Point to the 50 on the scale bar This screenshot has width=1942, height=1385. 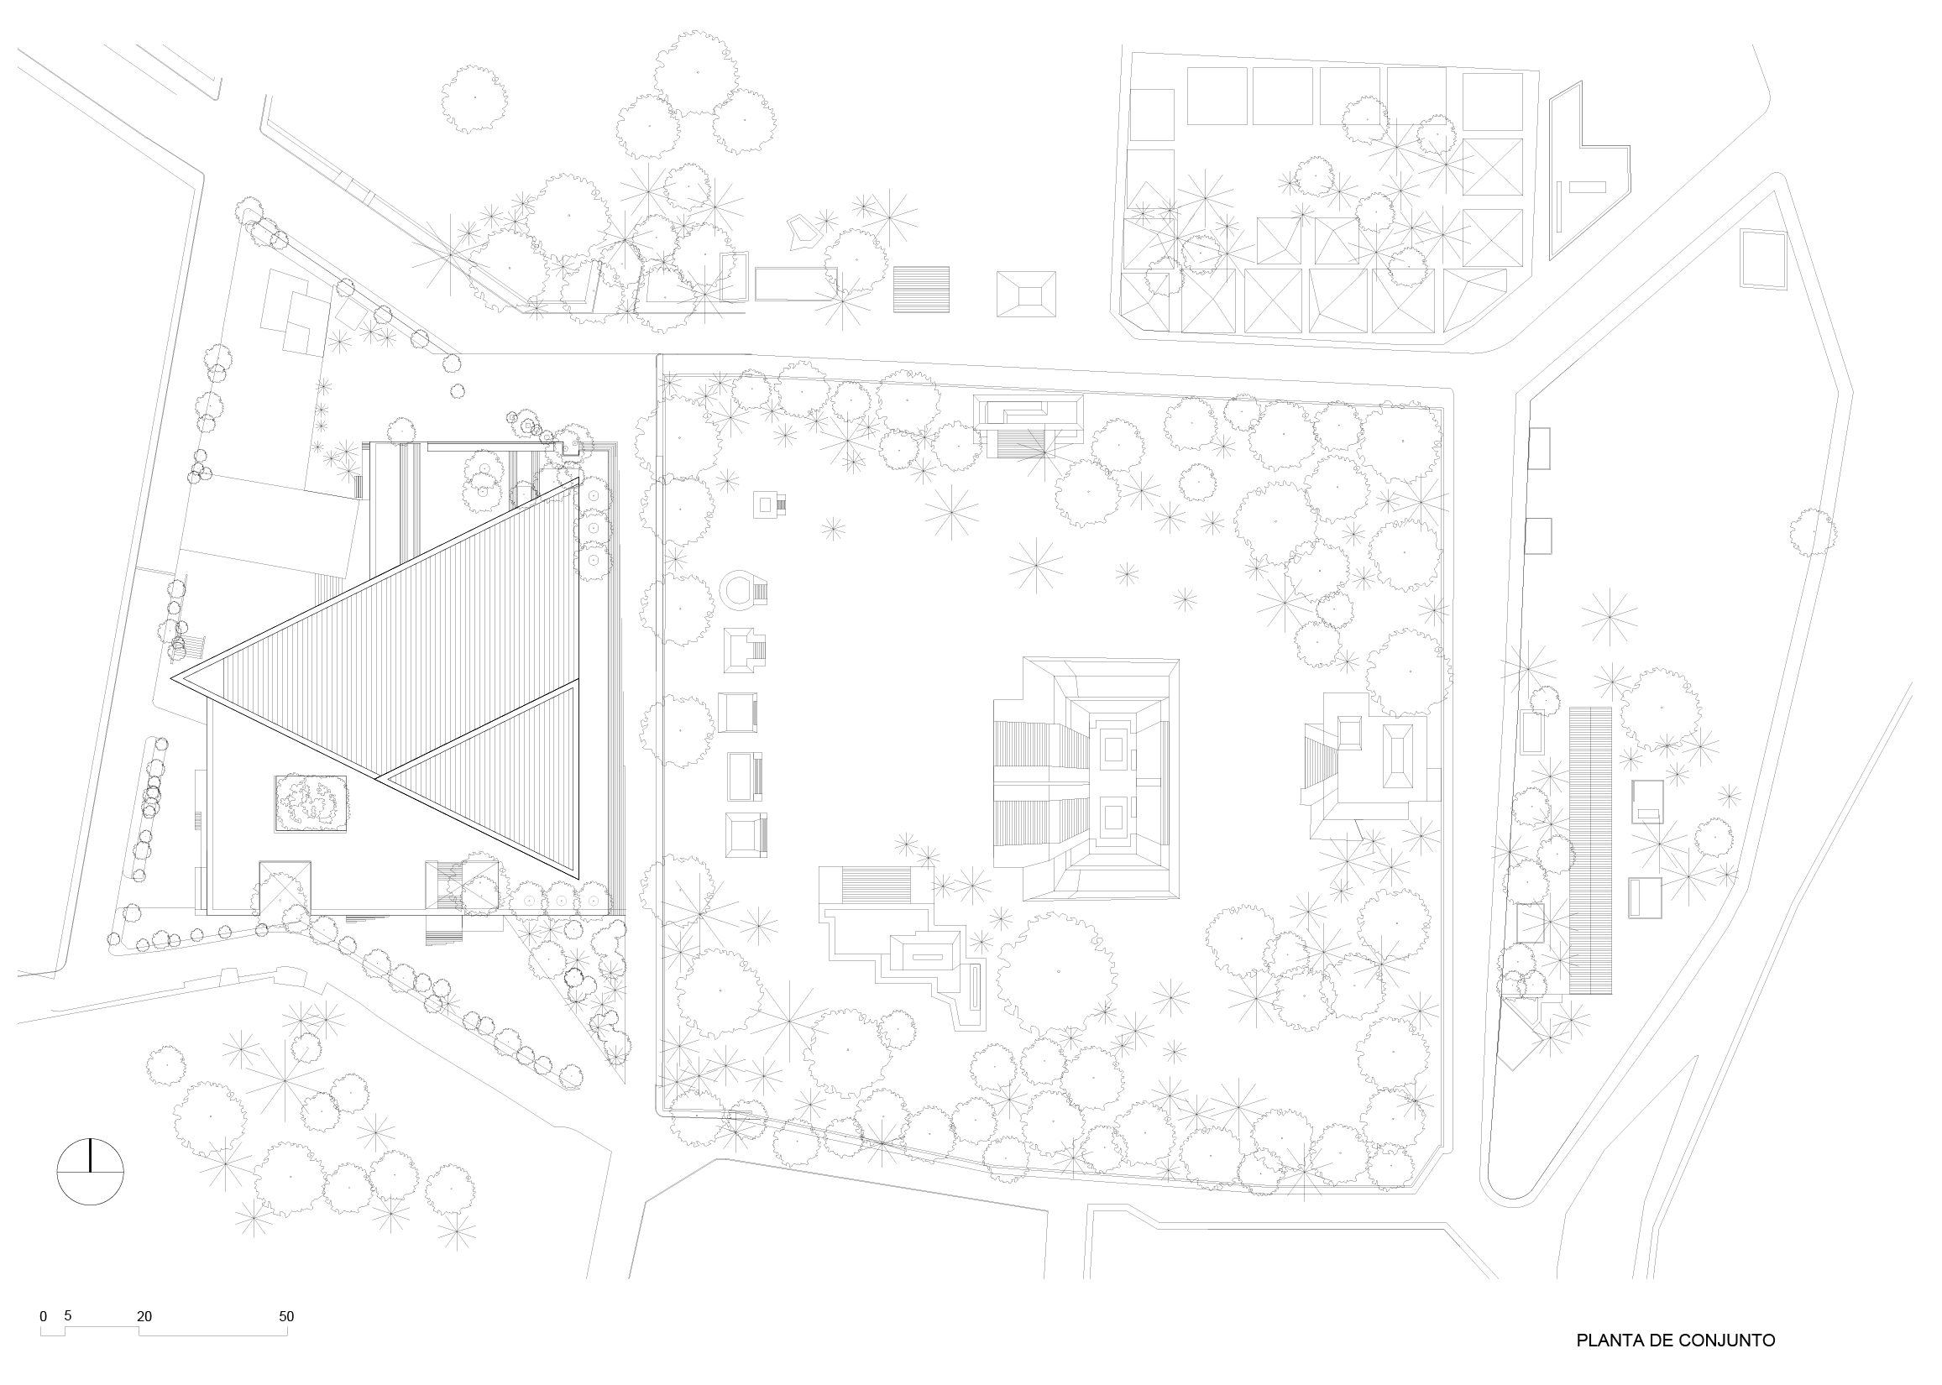coord(286,1317)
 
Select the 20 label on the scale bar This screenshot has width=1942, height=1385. coord(144,1317)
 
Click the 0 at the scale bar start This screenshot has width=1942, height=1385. coord(44,1317)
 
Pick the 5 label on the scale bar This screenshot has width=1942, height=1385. coord(67,1315)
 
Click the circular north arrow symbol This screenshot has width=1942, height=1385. coord(90,1172)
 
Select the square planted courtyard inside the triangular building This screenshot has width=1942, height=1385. coord(311,803)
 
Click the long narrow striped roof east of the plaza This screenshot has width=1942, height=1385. coord(1589,850)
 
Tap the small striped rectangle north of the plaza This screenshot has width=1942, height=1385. coord(921,290)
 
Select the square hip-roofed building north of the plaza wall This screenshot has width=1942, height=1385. coord(1026,295)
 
